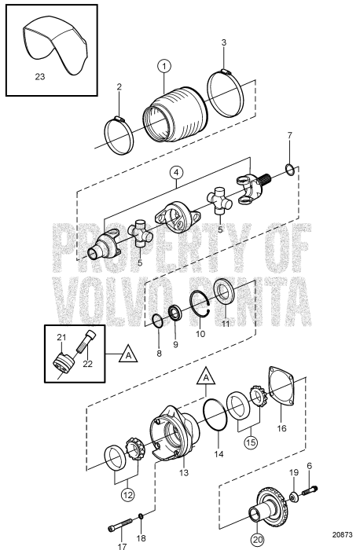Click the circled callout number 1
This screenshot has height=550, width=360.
tap(163, 65)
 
